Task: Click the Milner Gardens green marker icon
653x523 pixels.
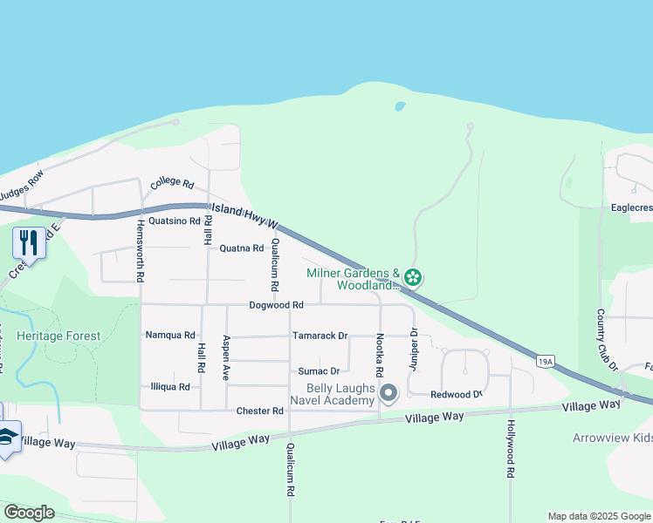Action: click(413, 279)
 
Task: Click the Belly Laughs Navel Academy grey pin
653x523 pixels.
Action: click(388, 394)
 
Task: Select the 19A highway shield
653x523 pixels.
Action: click(546, 361)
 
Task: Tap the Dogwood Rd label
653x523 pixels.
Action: click(276, 305)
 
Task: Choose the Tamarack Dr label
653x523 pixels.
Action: click(320, 336)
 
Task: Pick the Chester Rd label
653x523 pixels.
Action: click(260, 411)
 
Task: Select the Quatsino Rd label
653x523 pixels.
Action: click(175, 221)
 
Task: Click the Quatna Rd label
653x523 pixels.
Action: click(241, 248)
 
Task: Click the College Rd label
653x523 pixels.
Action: click(171, 183)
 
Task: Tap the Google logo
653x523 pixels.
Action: click(30, 513)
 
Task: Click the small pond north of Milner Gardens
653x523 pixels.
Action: click(400, 106)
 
